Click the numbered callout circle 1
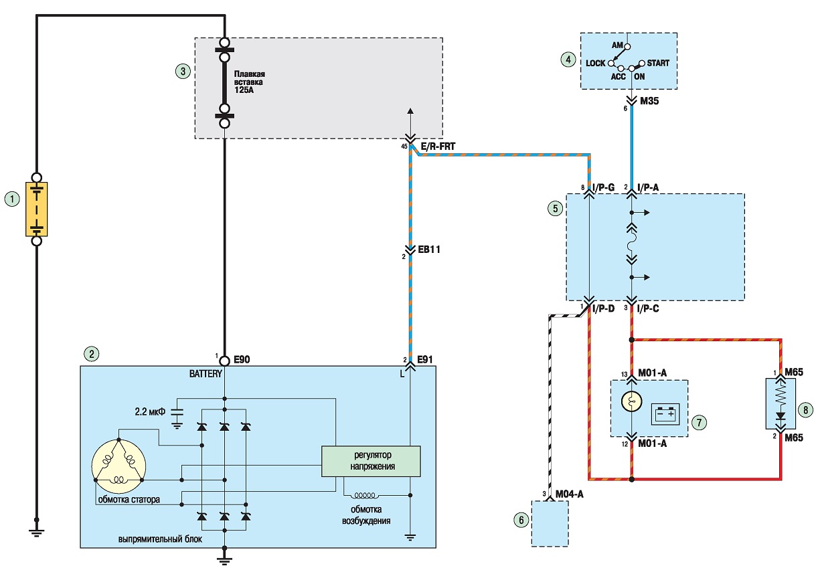[x=12, y=199]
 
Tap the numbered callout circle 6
[x=521, y=520]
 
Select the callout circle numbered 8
[x=805, y=410]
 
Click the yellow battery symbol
[x=37, y=209]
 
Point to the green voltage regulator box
[x=371, y=461]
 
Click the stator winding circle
[x=118, y=466]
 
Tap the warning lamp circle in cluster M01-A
[x=631, y=402]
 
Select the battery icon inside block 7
[x=665, y=414]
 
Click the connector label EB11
[x=429, y=250]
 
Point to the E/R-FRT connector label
[x=438, y=147]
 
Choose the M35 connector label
[x=650, y=101]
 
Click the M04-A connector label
[x=570, y=494]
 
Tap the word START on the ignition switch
[x=658, y=63]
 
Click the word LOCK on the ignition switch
[x=596, y=64]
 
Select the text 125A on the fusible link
[x=244, y=90]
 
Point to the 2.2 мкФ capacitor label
[x=150, y=412]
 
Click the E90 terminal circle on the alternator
[x=225, y=361]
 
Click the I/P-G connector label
[x=604, y=187]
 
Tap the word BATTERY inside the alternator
[x=206, y=374]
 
